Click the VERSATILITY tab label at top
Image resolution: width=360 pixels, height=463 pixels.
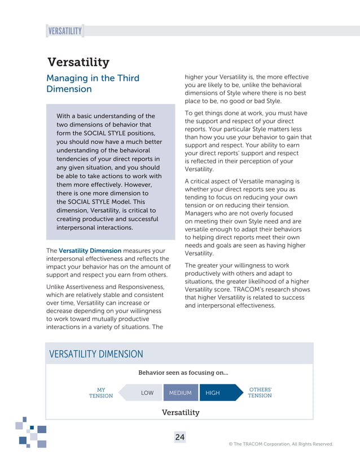point(65,31)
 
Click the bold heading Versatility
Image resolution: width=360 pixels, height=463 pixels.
point(78,62)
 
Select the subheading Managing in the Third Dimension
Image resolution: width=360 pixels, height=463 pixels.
point(93,83)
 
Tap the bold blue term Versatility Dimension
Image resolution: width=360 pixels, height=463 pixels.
point(90,251)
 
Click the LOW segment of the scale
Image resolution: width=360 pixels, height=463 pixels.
point(147,393)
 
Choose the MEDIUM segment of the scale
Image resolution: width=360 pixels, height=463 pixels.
point(181,393)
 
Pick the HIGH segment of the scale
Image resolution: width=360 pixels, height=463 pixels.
point(213,393)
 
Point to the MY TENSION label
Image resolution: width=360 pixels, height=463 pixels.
point(101,393)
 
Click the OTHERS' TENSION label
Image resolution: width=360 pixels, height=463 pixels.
point(260,393)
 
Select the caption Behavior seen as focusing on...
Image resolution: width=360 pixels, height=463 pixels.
point(183,373)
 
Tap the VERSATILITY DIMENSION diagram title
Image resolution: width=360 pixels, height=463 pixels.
point(96,354)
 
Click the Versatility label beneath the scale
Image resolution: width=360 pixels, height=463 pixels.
point(181,412)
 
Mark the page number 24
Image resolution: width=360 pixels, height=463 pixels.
point(179,438)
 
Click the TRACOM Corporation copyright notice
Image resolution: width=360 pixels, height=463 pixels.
point(280,444)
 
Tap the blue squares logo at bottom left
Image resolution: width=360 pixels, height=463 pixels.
point(32,433)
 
